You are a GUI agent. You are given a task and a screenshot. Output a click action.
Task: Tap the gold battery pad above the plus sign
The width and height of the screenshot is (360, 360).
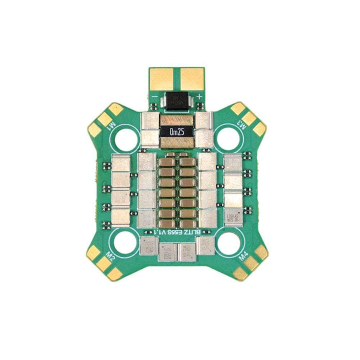192,78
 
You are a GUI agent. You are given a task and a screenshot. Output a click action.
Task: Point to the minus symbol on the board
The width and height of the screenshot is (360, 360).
155,95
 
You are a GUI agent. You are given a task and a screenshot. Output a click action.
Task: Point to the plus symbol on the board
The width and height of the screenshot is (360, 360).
200,95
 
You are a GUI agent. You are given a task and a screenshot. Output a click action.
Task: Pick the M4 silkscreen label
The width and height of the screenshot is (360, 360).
243,256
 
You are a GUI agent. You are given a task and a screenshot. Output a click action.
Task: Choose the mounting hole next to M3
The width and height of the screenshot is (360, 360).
229,138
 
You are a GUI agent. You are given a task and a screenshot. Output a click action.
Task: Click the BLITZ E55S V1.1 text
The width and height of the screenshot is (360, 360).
177,232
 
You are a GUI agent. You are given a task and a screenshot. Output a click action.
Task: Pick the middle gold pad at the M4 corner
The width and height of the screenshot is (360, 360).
251,263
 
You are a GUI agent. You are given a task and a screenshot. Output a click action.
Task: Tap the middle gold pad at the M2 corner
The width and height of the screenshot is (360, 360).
104,263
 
